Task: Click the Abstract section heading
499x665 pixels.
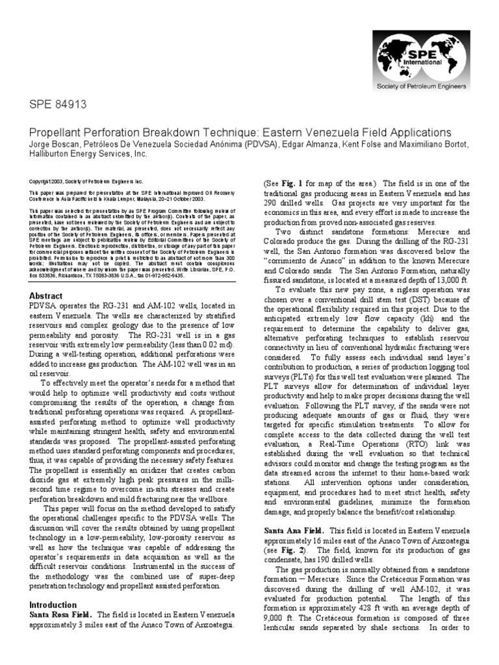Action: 47,295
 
